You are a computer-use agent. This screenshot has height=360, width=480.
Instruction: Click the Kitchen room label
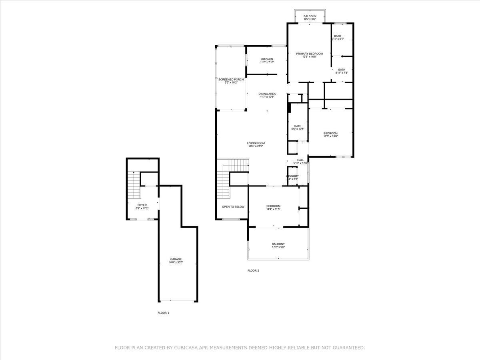pos(267,60)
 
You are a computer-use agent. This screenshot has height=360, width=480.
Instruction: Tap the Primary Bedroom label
pos(309,54)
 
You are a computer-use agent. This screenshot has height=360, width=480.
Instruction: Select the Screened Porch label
pos(231,80)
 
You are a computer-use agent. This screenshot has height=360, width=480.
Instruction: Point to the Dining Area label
pos(267,94)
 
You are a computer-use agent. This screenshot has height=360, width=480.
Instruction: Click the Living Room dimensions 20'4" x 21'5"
pos(256,146)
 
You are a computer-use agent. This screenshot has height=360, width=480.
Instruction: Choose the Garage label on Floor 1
pos(176,259)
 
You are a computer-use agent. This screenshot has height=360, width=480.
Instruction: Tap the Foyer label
pos(142,205)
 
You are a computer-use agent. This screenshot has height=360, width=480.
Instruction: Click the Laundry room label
pos(292,176)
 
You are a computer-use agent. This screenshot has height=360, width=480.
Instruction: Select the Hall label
pos(300,160)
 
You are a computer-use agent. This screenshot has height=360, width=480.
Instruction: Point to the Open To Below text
pos(233,207)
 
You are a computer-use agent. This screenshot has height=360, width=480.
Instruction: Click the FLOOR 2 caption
pos(253,271)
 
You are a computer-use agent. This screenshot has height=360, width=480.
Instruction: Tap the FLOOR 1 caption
pos(163,313)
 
